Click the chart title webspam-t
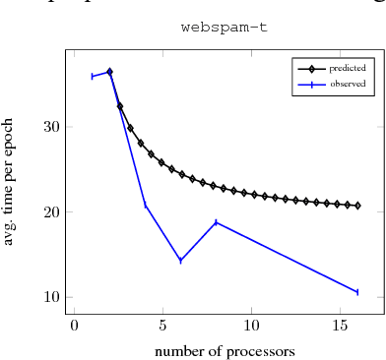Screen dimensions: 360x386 224,28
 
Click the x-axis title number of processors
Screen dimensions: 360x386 225,349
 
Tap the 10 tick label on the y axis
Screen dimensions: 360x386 51,297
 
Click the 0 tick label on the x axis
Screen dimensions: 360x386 74,325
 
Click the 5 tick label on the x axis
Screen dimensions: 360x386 162,325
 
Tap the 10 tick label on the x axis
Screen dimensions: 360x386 251,325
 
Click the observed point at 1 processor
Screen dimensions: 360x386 92,76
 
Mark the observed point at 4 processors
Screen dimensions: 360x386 145,205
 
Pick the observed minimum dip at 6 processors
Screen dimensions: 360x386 180,261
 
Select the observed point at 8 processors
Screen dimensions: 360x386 216,222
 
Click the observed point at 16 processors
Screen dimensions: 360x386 357,292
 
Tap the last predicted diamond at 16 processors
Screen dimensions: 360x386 357,206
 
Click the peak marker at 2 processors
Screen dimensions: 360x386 109,72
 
